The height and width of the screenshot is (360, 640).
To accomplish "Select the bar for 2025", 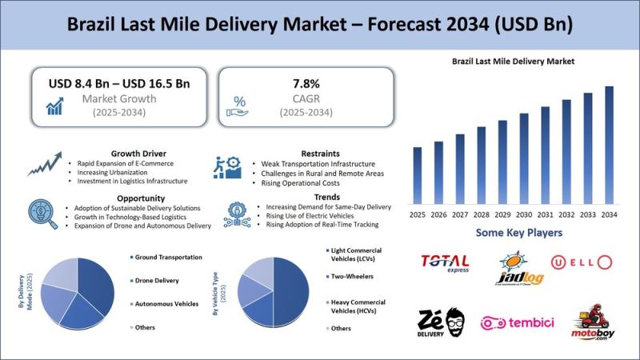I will point(418,175).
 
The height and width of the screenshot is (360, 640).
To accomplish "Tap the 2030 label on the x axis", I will point(524,215).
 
